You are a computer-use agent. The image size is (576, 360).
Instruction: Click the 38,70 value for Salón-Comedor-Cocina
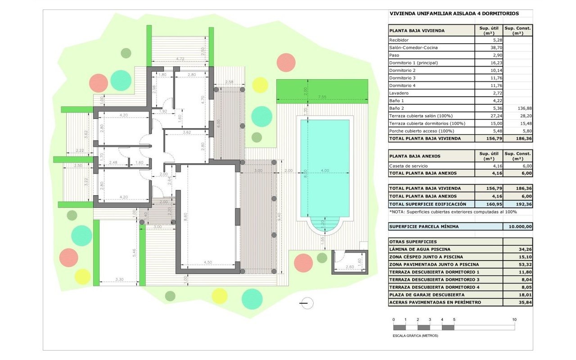click(496, 48)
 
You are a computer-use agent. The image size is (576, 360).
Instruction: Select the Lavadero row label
click(399, 93)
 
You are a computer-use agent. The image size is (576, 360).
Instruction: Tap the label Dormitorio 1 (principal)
click(414, 63)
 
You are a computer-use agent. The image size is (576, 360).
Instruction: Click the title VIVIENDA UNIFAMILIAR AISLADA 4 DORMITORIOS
click(454, 13)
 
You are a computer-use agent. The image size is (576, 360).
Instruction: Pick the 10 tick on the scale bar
click(514, 319)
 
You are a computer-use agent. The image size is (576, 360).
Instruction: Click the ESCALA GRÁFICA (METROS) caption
click(415, 336)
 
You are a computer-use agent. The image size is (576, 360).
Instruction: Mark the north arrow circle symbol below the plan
click(307, 303)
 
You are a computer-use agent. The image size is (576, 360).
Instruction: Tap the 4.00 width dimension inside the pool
click(325, 170)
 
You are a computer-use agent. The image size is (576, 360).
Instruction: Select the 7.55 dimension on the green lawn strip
click(322, 97)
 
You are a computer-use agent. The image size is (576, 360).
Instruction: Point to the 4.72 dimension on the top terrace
click(180, 59)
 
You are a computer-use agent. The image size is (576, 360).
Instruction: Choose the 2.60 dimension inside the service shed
click(350, 267)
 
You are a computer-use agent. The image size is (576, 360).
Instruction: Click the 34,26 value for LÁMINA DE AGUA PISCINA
click(525, 249)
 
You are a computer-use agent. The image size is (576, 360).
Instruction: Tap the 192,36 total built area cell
click(524, 204)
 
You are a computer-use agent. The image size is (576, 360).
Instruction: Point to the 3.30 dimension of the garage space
click(119, 279)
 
